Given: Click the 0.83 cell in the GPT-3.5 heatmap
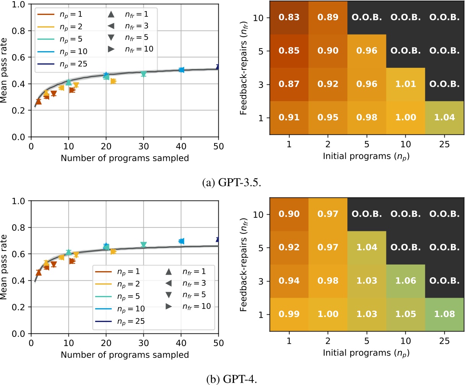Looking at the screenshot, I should point(289,18).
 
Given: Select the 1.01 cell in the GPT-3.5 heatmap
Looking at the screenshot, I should point(405,84).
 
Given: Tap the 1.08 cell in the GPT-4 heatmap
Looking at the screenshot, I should point(444,314).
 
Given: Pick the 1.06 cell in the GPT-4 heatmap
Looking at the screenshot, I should point(405,281).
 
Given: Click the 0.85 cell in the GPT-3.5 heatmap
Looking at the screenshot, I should point(289,51).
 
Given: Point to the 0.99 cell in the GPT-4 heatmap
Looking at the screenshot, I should point(289,314).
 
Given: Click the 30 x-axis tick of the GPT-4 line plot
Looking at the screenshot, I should point(144,343).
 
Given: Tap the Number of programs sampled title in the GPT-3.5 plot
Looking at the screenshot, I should point(125,158).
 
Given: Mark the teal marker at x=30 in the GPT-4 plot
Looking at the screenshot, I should point(144,244).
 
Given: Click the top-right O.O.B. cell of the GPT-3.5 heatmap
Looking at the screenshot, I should point(444,18).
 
